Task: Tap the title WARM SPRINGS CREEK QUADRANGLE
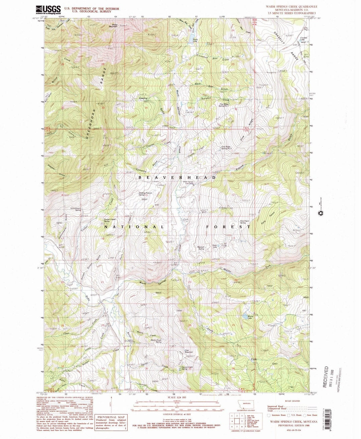[291, 7]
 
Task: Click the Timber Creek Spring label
[108, 221]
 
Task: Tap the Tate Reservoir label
[189, 352]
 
